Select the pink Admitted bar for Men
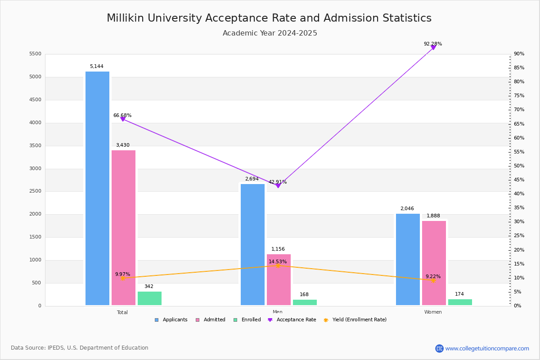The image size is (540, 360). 279,279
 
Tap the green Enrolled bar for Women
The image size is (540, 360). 460,302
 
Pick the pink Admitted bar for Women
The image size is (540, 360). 434,263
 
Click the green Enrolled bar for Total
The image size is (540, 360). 149,298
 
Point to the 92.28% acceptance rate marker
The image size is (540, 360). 433,47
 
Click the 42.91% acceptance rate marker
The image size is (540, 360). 278,185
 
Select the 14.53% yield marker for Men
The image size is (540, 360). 278,265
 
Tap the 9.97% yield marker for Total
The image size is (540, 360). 122,278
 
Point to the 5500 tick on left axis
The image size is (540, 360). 35,54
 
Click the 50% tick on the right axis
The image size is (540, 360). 518,166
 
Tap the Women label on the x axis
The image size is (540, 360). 433,312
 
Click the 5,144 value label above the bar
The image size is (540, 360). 96,67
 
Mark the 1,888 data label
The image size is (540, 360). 433,216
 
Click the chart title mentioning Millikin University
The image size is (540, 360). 269,18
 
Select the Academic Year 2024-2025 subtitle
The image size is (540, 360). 270,33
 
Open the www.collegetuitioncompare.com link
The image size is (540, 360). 487,348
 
